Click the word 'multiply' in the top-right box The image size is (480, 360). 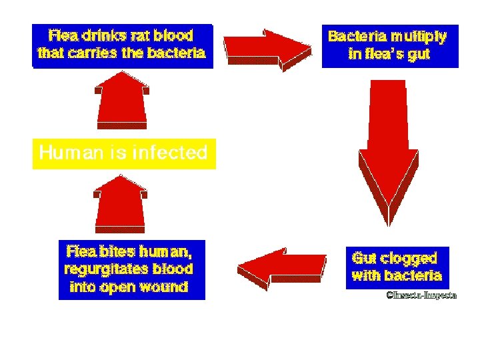point(419,36)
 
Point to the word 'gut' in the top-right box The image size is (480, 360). point(419,54)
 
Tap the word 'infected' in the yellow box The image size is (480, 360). point(169,153)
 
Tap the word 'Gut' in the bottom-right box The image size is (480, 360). point(364,257)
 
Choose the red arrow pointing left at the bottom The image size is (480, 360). point(283,269)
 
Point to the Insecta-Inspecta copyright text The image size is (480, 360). point(421,295)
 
